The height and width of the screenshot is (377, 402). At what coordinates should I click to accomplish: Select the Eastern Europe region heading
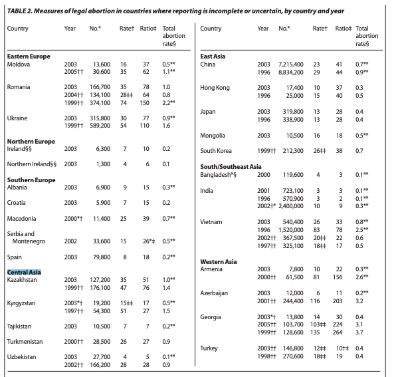[x=28, y=56]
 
